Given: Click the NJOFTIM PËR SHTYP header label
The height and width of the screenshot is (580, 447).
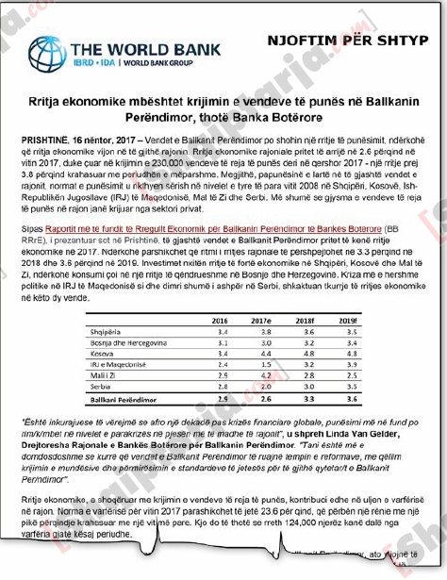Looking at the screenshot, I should [366, 41].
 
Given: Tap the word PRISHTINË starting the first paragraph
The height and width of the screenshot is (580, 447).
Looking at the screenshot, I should [45, 139].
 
